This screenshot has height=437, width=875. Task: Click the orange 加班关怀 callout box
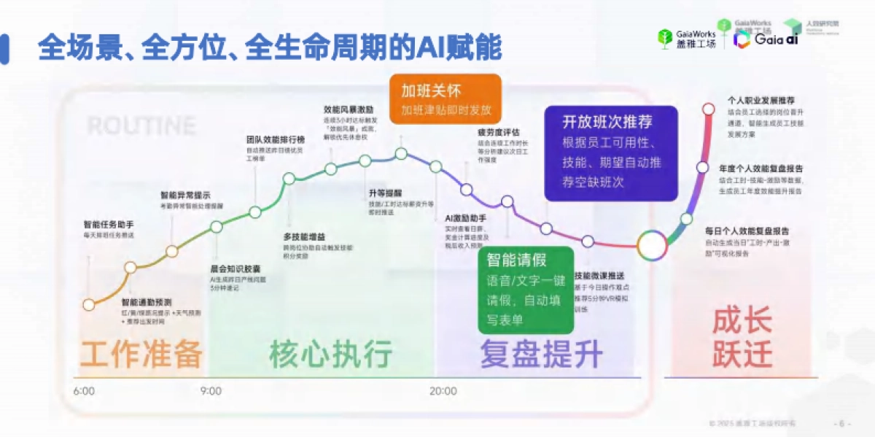[446, 100]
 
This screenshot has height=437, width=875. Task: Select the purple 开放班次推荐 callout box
[611, 153]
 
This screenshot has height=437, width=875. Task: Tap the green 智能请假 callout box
[524, 290]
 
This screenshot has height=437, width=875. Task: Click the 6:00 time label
[84, 391]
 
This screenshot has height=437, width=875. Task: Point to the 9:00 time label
[211, 391]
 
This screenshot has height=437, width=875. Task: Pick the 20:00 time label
[443, 391]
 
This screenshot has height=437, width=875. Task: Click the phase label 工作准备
[141, 355]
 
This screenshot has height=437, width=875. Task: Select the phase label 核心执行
[331, 355]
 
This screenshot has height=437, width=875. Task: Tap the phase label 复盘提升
[541, 355]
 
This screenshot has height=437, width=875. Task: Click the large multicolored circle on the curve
[651, 246]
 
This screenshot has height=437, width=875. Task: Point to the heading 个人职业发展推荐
[761, 100]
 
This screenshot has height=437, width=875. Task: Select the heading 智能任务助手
[109, 225]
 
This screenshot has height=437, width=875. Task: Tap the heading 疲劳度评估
[499, 133]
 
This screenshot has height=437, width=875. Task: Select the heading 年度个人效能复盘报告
[760, 168]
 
